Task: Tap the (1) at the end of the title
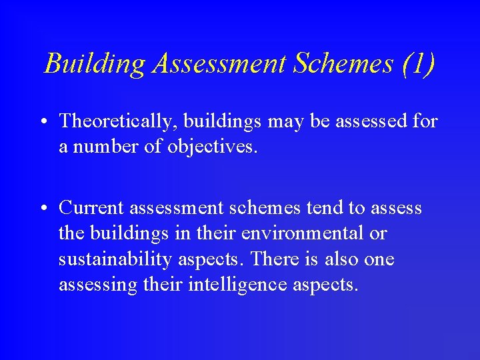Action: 418,64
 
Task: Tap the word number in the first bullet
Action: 105,147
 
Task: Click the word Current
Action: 91,208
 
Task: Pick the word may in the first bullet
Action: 290,121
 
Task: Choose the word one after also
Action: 380,259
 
